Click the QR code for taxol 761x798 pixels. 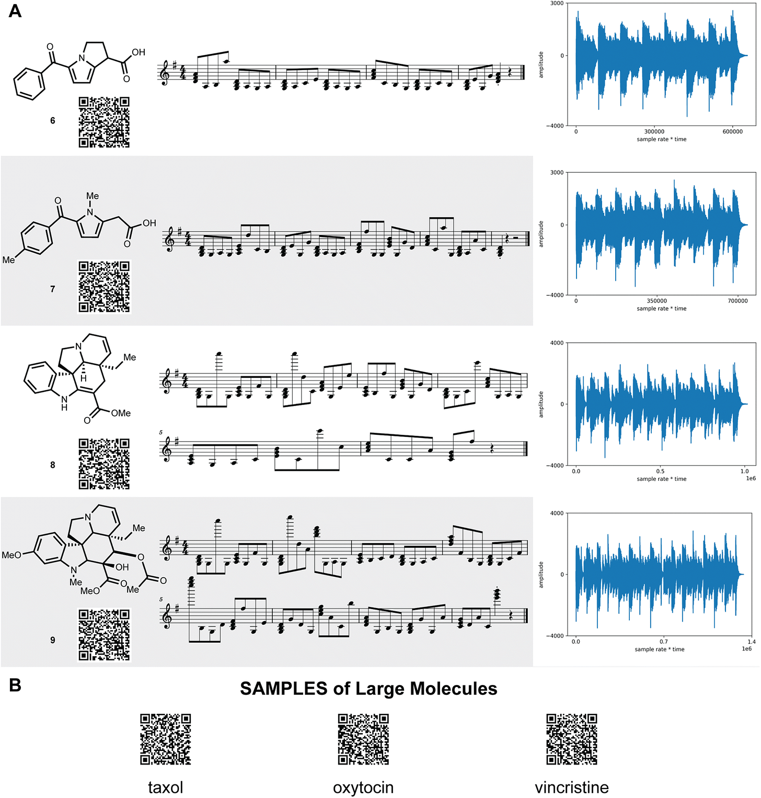click(x=165, y=739)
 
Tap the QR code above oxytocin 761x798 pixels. click(x=363, y=739)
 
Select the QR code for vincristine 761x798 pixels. click(x=571, y=739)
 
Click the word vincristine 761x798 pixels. click(x=571, y=787)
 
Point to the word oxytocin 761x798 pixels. click(x=363, y=787)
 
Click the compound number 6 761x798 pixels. click(x=52, y=120)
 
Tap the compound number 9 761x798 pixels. click(x=52, y=639)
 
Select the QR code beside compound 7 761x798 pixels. click(x=104, y=287)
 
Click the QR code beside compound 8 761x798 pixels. click(x=104, y=464)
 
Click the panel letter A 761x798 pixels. click(x=15, y=10)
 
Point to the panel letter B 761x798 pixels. click(x=15, y=685)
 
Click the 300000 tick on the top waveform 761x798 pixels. click(x=654, y=132)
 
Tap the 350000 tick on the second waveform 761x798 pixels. click(x=656, y=301)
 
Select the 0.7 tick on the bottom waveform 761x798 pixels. click(x=663, y=642)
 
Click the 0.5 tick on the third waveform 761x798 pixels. click(x=661, y=471)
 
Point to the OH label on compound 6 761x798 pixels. click(x=139, y=52)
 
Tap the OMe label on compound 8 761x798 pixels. click(x=121, y=413)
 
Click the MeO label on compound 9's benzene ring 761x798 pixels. click(x=11, y=555)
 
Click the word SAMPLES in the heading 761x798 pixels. click(x=284, y=689)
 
